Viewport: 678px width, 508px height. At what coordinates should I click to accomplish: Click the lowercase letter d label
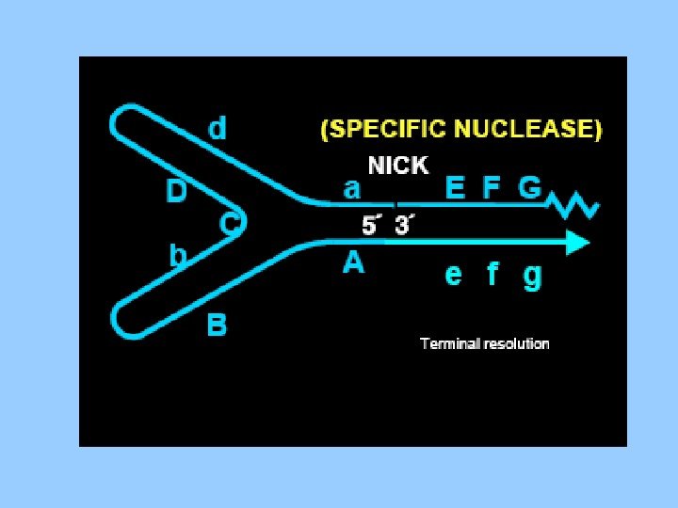[218, 127]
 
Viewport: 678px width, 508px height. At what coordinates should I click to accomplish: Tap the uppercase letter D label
[176, 192]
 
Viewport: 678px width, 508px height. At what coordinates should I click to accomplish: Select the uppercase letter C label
[229, 224]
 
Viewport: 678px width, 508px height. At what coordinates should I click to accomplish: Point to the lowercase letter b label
[176, 256]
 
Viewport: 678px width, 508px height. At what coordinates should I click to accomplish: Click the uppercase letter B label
[218, 325]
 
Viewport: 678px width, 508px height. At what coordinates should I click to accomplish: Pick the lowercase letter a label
[352, 189]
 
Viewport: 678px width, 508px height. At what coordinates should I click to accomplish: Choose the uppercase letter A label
[353, 263]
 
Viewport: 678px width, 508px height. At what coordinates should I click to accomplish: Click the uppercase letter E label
[455, 188]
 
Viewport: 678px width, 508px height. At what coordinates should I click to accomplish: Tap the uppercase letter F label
[491, 188]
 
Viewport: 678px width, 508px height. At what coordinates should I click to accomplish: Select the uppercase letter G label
[529, 188]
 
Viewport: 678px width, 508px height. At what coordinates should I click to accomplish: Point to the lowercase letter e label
[454, 275]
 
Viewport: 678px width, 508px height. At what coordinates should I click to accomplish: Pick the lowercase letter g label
[532, 277]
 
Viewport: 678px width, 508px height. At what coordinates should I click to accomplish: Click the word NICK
[397, 167]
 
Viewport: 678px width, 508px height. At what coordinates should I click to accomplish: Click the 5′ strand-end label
[374, 227]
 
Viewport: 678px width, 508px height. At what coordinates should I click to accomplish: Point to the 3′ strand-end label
[406, 227]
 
